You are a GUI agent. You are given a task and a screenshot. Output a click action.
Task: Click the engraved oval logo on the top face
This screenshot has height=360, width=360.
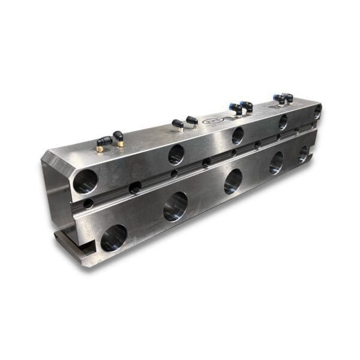click(x=212, y=121)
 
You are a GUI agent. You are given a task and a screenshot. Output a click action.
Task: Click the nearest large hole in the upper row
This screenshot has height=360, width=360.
click(x=85, y=181)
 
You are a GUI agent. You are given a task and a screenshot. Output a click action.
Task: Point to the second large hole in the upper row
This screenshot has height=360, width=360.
click(x=176, y=154)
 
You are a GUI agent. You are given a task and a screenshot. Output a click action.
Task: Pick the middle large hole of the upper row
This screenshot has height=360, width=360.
click(x=238, y=136)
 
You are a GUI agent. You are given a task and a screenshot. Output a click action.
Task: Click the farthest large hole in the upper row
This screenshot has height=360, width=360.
click(x=317, y=112)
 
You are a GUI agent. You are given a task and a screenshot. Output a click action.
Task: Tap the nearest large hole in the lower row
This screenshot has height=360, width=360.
click(x=113, y=238)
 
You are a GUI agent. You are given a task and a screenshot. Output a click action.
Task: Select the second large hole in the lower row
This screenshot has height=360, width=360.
click(x=176, y=206)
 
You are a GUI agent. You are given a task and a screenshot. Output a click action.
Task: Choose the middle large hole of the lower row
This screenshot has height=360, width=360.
click(x=233, y=181)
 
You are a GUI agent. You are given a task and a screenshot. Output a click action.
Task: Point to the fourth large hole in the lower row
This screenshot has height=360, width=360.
click(x=277, y=163)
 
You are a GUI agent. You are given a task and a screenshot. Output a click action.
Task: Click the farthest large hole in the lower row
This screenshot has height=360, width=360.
click(x=304, y=154)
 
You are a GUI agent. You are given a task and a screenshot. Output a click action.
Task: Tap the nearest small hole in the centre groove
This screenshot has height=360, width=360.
click(x=88, y=203)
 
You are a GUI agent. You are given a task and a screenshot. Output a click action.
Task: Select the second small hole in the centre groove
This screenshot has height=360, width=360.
click(x=135, y=187)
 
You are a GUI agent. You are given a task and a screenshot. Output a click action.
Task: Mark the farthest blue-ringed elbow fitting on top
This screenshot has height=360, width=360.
click(x=287, y=98)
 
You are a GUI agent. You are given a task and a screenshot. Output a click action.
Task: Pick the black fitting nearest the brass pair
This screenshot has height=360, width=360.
click(x=178, y=125)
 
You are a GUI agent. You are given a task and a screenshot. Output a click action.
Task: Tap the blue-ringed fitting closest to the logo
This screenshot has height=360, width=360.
click(x=236, y=109)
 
